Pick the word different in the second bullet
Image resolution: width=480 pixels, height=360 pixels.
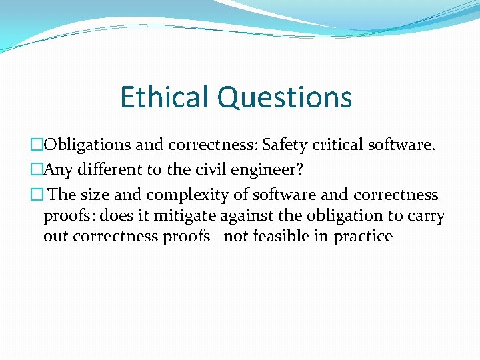pyautogui.click(x=107, y=170)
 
